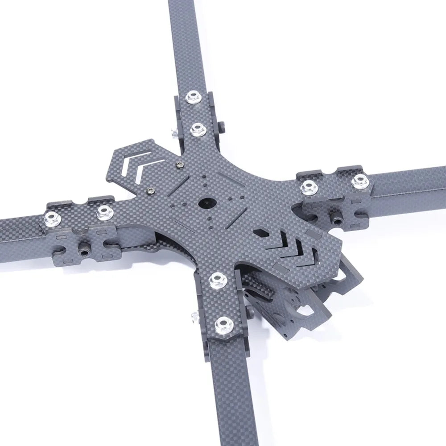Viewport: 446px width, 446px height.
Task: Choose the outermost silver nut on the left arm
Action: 49,218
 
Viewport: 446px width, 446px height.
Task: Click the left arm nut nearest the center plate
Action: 105,211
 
